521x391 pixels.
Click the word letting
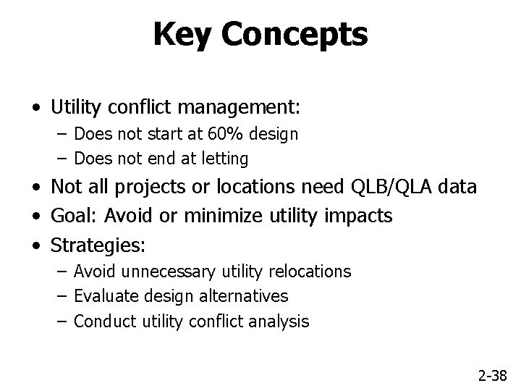[221, 158]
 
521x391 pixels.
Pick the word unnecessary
[170, 272]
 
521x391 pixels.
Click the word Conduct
[101, 321]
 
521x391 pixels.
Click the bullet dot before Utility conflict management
[36, 109]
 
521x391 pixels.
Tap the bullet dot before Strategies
[36, 245]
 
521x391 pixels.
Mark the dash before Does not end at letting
[59, 158]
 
